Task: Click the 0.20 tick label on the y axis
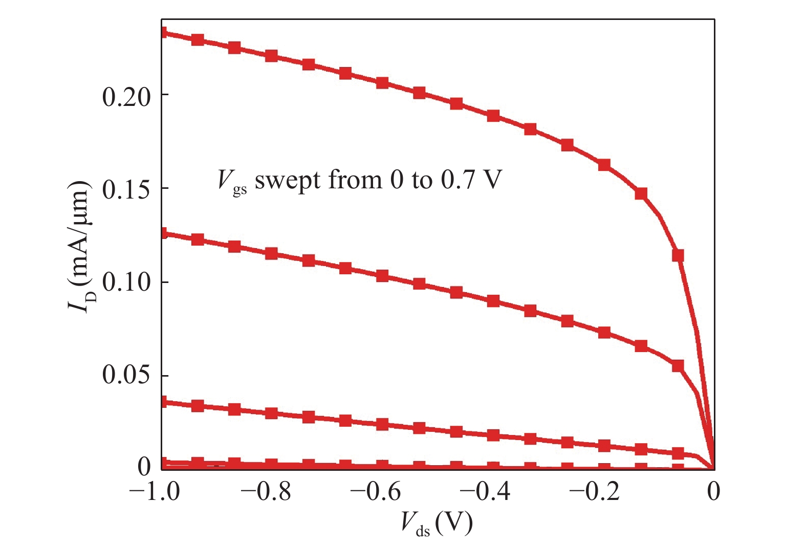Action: pyautogui.click(x=126, y=97)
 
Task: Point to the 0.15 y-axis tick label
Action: pyautogui.click(x=126, y=190)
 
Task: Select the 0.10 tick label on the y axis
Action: pyautogui.click(x=126, y=283)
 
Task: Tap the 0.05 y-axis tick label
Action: pyautogui.click(x=126, y=376)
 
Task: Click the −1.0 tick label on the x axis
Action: pyautogui.click(x=154, y=492)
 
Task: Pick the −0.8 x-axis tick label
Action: pyautogui.click(x=265, y=492)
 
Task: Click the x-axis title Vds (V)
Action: pyautogui.click(x=437, y=524)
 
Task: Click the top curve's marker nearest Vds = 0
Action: pyautogui.click(x=678, y=255)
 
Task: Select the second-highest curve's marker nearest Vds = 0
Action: pyautogui.click(x=678, y=366)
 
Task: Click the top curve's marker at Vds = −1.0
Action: pyautogui.click(x=163, y=33)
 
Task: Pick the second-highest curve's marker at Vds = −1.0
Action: pyautogui.click(x=163, y=233)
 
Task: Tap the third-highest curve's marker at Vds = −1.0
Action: pyautogui.click(x=163, y=402)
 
